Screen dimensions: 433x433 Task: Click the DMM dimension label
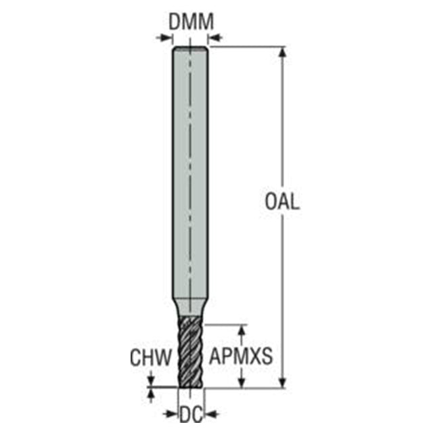191,22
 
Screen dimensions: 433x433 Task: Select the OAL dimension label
282,202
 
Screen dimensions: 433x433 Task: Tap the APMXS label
241,356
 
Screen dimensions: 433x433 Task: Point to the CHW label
151,357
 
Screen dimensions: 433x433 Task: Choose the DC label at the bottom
191,414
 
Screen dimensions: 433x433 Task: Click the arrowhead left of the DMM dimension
166,38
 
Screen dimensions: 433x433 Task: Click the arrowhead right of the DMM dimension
214,38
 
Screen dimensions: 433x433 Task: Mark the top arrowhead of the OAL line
282,53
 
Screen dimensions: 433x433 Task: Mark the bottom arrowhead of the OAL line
282,382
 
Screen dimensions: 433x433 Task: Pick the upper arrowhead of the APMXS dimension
242,331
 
